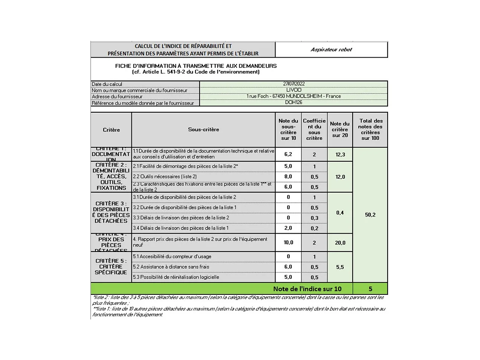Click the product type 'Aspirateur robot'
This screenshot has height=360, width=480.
(x=331, y=49)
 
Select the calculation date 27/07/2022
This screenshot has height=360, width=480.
(x=294, y=84)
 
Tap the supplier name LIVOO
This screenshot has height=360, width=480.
(x=294, y=90)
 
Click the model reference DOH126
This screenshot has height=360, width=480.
(x=294, y=102)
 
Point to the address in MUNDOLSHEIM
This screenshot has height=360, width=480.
(x=294, y=96)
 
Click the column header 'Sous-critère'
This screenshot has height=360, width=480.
(x=203, y=129)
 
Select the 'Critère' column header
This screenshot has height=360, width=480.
(x=111, y=130)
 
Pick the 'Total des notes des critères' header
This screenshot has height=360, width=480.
(x=370, y=129)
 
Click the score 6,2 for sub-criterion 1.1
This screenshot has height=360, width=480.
(x=288, y=154)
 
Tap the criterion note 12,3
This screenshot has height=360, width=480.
(x=340, y=155)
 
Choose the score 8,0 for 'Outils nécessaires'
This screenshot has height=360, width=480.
(x=288, y=176)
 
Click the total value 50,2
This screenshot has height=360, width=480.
(x=370, y=215)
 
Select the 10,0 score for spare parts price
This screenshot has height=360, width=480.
(x=288, y=242)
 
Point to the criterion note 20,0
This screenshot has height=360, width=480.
(x=340, y=243)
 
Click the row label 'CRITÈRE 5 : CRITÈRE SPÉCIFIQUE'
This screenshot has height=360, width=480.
(x=111, y=267)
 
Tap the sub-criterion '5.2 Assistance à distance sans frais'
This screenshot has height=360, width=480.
(x=171, y=267)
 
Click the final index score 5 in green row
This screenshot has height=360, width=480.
(x=370, y=289)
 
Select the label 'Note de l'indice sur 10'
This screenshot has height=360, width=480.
(x=307, y=289)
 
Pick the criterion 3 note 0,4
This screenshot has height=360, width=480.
(x=340, y=213)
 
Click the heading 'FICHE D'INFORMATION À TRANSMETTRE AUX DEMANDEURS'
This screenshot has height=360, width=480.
(x=196, y=66)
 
